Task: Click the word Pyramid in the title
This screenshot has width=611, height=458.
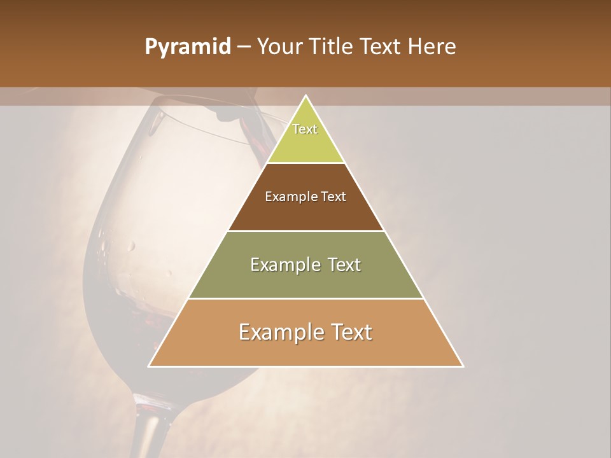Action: tap(187, 47)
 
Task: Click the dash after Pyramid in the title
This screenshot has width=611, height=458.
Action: tap(243, 47)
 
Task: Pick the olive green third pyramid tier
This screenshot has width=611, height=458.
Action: tap(305, 280)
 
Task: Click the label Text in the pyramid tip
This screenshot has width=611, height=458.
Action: tap(305, 129)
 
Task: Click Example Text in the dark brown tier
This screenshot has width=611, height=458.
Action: tap(305, 197)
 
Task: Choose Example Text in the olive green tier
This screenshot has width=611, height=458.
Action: tap(305, 265)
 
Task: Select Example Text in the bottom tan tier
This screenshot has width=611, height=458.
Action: tap(305, 332)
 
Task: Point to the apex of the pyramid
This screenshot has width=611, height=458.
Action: tap(306, 96)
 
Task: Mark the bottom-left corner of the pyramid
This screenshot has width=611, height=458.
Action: tap(149, 366)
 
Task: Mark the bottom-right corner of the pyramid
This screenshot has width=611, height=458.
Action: tap(463, 366)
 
